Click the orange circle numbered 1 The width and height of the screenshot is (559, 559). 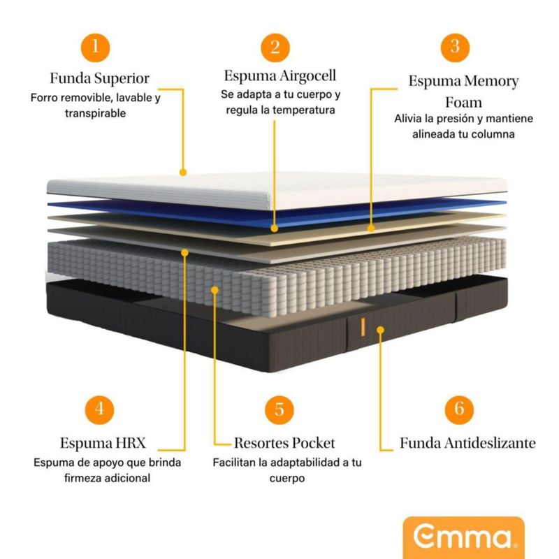tap(99, 48)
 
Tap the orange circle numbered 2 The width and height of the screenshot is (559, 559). tap(275, 48)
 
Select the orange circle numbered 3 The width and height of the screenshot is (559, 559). tap(455, 48)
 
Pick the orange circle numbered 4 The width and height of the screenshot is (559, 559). tap(99, 409)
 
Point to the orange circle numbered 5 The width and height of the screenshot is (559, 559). tap(279, 409)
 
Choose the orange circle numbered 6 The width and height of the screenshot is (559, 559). tap(459, 409)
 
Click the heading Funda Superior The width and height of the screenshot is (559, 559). tap(99, 78)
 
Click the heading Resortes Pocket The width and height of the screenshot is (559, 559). tap(284, 443)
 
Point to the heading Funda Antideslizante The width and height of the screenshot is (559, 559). tap(467, 443)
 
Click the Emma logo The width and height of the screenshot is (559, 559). tap(463, 538)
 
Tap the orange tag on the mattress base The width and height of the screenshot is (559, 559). tap(363, 326)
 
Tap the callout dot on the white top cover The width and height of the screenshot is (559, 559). tap(184, 171)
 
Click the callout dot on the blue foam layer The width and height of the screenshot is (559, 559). tap(275, 228)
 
